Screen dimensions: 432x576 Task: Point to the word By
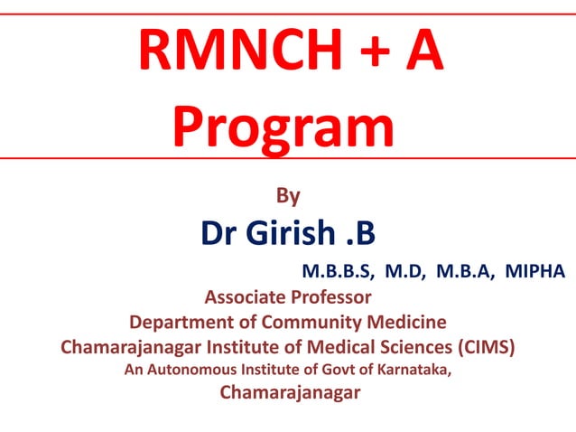(x=287, y=194)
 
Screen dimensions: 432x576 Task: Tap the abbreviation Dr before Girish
(x=219, y=234)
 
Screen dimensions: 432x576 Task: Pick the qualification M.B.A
(x=464, y=270)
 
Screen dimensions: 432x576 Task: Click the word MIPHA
(x=535, y=270)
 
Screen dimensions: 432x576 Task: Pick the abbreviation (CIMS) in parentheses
(x=488, y=346)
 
